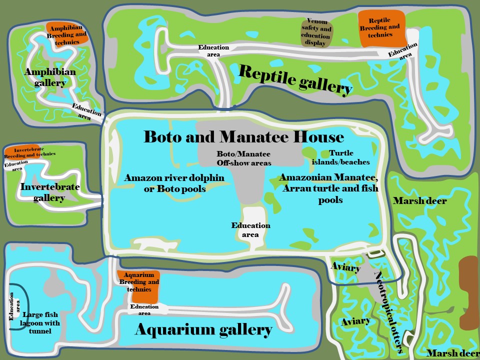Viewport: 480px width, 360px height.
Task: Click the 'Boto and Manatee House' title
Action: tap(243, 136)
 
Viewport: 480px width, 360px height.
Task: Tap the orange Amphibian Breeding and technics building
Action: tap(67, 32)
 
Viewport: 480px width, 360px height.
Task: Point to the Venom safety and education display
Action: tap(315, 33)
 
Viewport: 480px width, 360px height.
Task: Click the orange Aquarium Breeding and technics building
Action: tap(138, 286)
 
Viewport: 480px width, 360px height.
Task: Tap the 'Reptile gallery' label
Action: tap(295, 79)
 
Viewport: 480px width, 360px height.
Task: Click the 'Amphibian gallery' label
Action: tap(50, 77)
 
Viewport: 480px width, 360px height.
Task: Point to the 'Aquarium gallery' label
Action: tap(203, 329)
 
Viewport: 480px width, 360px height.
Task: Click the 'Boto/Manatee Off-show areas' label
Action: tap(243, 158)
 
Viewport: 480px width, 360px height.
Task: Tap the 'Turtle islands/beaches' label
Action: tap(340, 157)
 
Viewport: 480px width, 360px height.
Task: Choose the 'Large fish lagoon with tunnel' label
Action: tap(41, 322)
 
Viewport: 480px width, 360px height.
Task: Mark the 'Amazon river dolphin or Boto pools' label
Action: tap(174, 183)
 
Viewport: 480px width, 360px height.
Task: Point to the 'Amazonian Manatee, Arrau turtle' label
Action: tap(329, 188)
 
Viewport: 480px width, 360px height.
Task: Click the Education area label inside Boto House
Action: tap(250, 230)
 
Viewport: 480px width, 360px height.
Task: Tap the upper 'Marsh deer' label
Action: tap(419, 201)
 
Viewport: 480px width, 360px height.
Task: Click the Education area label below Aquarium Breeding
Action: tap(144, 309)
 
